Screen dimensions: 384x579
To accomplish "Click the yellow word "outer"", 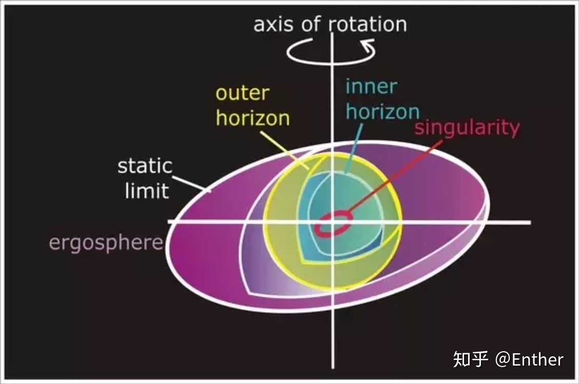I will point(242,93).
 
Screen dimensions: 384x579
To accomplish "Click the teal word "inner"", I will point(371,86).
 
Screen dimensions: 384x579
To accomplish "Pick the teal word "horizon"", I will point(382,111).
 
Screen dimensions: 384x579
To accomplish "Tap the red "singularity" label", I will point(467,127).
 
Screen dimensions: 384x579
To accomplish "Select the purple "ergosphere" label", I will point(106,242).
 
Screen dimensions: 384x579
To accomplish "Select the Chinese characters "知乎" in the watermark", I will point(470,359).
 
